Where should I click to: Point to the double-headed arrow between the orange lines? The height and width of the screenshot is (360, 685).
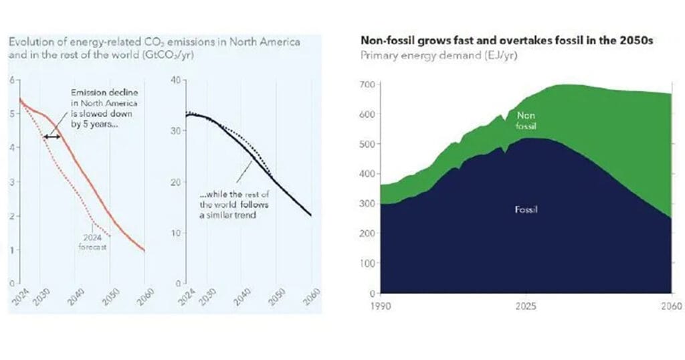[52, 137]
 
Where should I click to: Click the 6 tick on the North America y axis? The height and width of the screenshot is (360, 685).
[11, 80]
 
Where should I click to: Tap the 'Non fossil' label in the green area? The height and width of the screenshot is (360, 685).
[527, 120]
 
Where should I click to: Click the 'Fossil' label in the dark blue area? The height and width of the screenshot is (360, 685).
[527, 210]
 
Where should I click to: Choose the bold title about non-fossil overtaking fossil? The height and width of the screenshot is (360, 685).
[506, 41]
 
